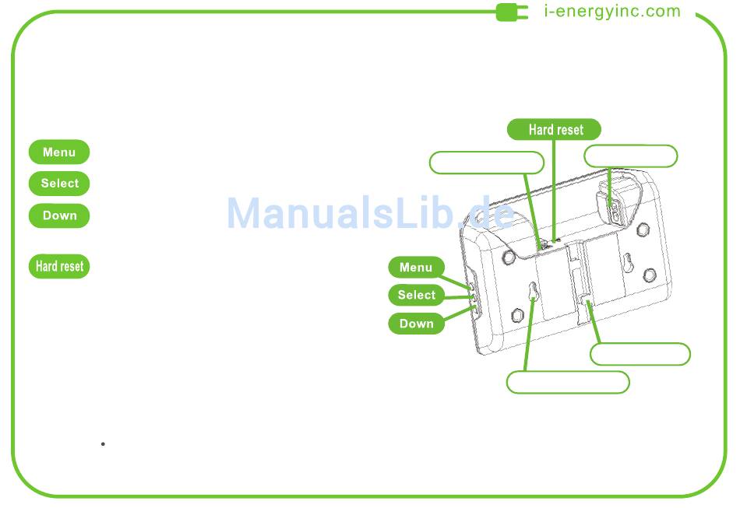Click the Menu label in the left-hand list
tap(59, 152)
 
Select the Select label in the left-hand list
tap(59, 184)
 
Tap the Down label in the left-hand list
tap(59, 215)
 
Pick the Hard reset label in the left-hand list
tap(59, 266)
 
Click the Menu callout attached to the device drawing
tap(416, 268)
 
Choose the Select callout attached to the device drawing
tap(416, 295)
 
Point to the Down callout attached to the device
tap(416, 324)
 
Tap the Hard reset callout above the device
tap(555, 130)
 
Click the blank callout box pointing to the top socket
tap(630, 156)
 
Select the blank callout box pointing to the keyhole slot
tap(567, 382)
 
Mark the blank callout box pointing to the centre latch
tap(640, 354)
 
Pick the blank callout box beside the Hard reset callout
tap(486, 163)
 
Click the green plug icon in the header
tap(512, 12)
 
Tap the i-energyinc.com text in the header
tap(611, 12)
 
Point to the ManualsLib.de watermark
tap(370, 213)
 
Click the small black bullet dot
tap(103, 444)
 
